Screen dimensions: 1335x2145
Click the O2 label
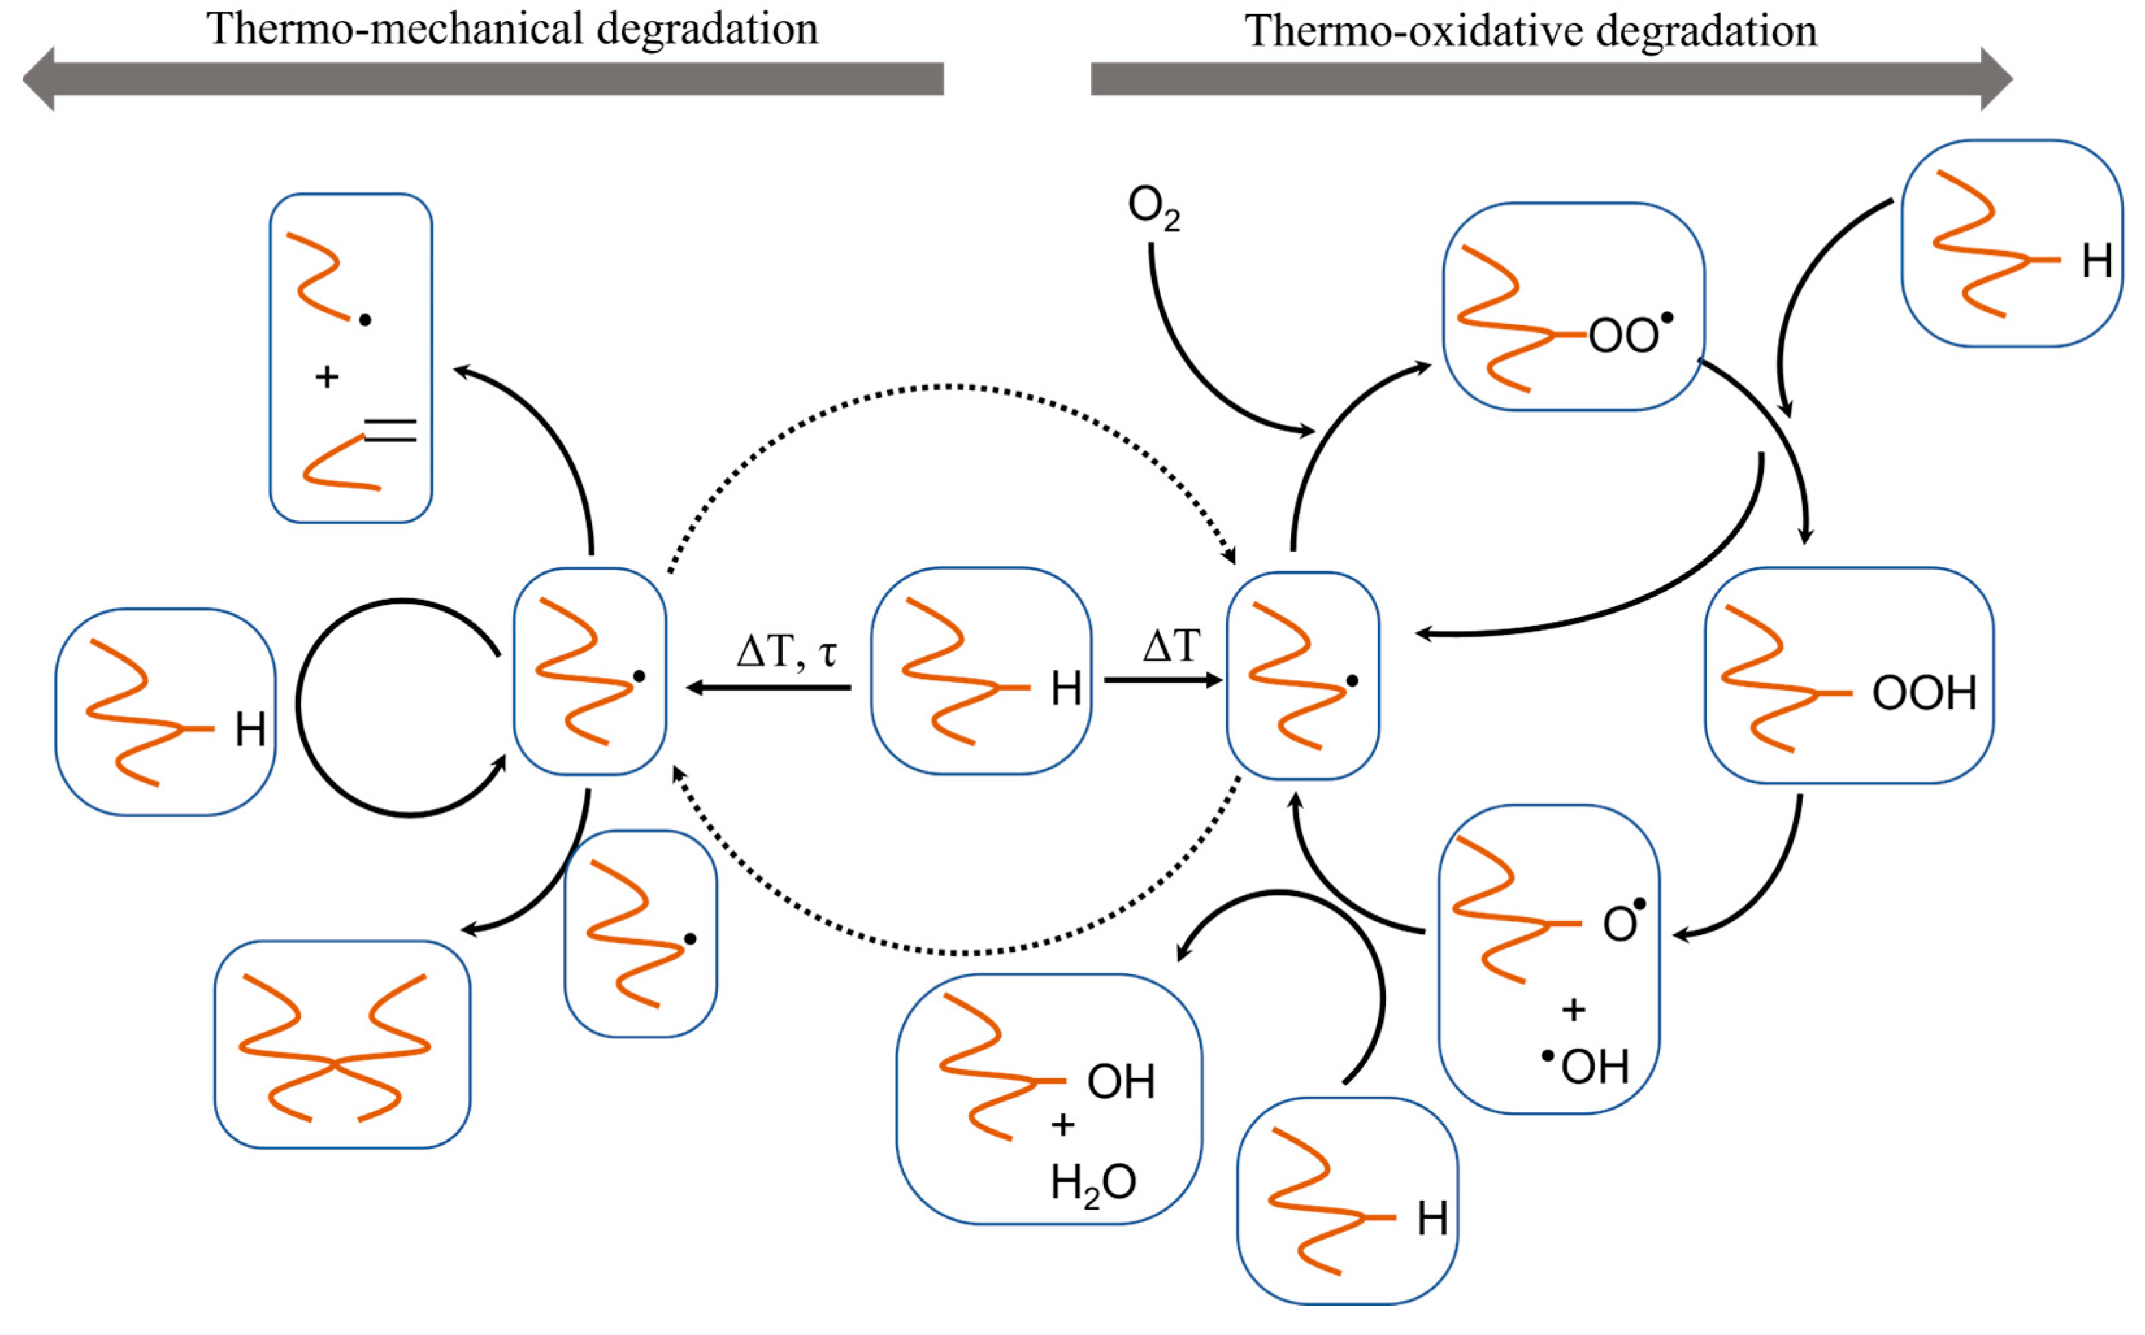[x=1153, y=209]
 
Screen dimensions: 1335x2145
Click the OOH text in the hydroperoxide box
[x=1924, y=694]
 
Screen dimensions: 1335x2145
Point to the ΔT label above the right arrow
[x=1171, y=646]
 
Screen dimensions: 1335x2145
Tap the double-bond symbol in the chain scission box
[x=390, y=431]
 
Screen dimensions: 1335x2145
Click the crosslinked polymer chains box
[x=342, y=1045]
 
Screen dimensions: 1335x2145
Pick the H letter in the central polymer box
[x=1065, y=689]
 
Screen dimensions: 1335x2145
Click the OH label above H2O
[x=1120, y=1082]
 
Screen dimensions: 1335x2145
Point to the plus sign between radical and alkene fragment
[x=327, y=377]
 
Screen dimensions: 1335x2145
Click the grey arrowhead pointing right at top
[x=1997, y=79]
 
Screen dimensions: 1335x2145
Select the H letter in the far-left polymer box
[x=250, y=730]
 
